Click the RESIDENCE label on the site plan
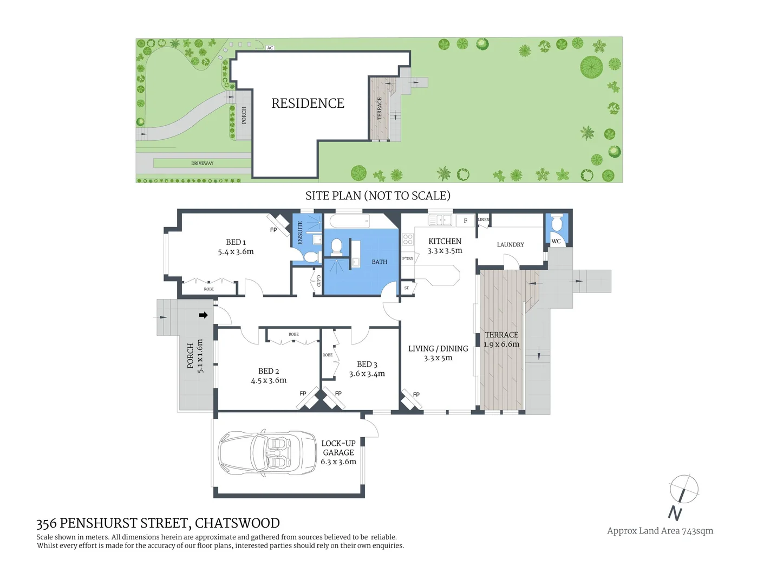pos(308,103)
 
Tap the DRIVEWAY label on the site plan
pos(202,163)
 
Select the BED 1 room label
pos(236,247)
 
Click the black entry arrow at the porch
pos(203,315)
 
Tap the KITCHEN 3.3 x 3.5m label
pos(445,246)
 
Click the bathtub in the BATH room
pos(349,221)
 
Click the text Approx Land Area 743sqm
pos(660,531)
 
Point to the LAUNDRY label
pos(510,245)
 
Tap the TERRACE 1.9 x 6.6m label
pos(501,340)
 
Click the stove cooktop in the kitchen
pos(408,239)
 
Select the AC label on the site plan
pos(270,48)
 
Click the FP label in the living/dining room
pos(416,394)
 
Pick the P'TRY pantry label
pos(407,258)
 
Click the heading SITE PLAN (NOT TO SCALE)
pos(377,196)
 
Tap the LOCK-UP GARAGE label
pos(338,452)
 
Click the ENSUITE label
pos(301,232)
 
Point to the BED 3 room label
pos(367,369)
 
